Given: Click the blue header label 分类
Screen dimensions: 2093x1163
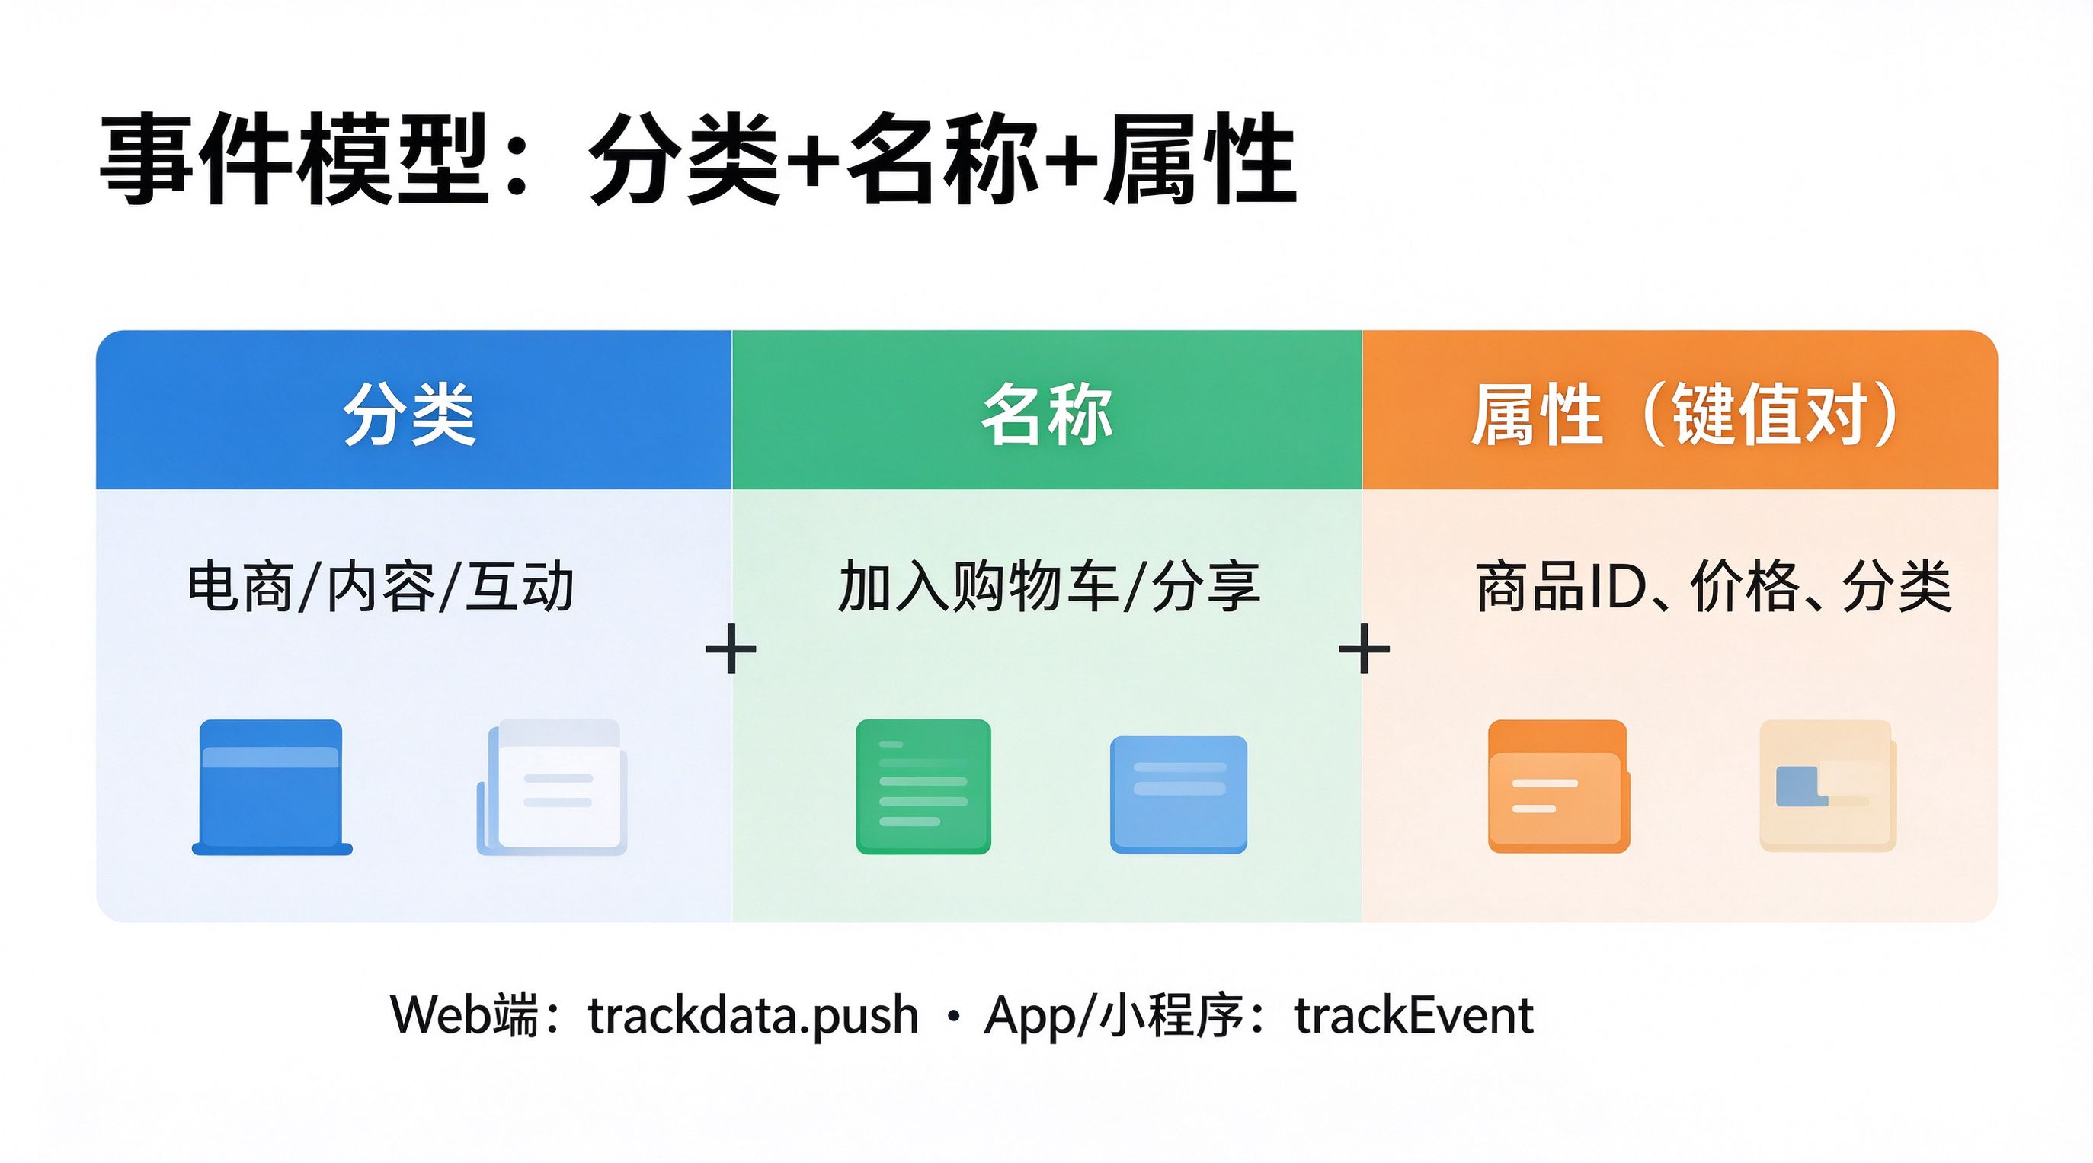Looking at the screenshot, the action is point(409,415).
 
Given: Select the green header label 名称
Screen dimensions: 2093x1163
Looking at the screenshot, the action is point(1047,415).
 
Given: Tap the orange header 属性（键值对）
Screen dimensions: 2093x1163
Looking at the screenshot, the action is point(1685,415).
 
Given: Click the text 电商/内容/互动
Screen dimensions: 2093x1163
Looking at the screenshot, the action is point(381,586).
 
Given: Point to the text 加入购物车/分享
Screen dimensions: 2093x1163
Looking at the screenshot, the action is point(1049,586).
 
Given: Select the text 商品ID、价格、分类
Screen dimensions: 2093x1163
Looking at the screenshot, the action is point(1714,586).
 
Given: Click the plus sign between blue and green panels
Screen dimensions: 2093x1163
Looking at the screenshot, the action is point(731,649).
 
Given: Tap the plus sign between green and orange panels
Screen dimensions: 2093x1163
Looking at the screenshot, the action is point(1364,649).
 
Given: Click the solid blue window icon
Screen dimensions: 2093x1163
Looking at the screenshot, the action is point(272,787).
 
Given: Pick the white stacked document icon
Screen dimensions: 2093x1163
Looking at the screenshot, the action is point(552,787).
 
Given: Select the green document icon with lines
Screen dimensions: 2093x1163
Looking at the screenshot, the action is point(923,787).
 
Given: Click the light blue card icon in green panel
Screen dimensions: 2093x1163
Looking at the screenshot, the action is point(1178,794).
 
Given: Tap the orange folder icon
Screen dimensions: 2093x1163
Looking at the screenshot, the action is point(1558,787).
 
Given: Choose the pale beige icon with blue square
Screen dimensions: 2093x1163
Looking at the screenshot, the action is point(1828,786).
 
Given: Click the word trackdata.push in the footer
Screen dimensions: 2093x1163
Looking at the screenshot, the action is point(754,1016).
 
